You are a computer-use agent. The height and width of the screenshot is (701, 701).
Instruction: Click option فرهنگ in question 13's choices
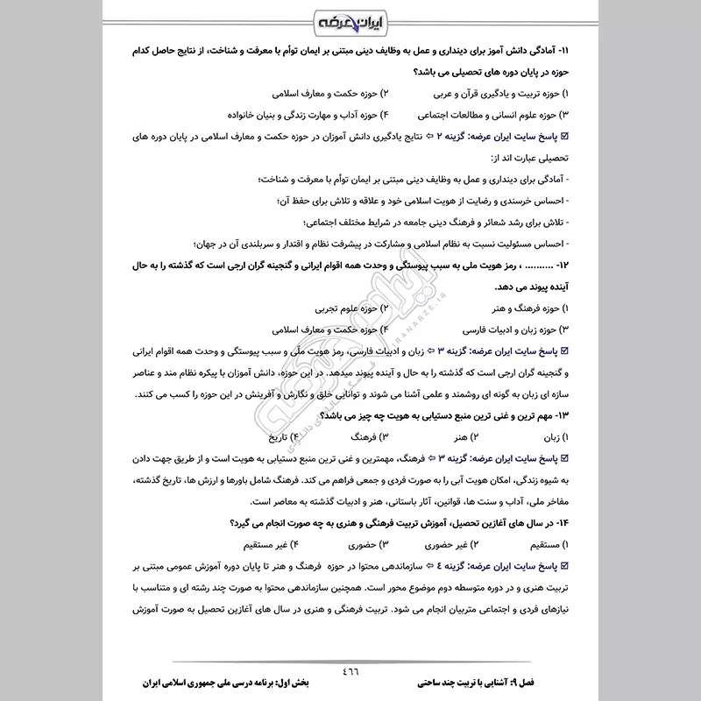364,436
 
